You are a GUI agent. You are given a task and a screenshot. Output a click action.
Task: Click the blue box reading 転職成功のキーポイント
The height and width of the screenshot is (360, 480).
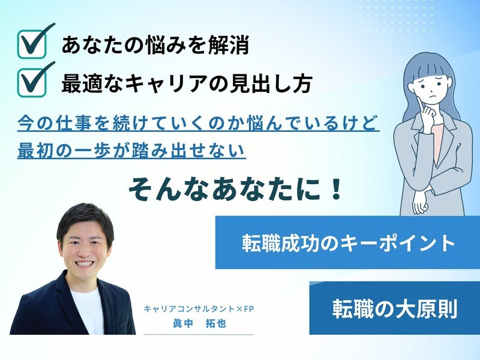click(347, 242)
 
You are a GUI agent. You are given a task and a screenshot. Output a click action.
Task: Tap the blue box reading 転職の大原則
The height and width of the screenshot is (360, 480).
click(394, 308)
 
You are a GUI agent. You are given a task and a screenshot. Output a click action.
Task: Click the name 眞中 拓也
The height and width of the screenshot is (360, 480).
click(199, 324)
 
